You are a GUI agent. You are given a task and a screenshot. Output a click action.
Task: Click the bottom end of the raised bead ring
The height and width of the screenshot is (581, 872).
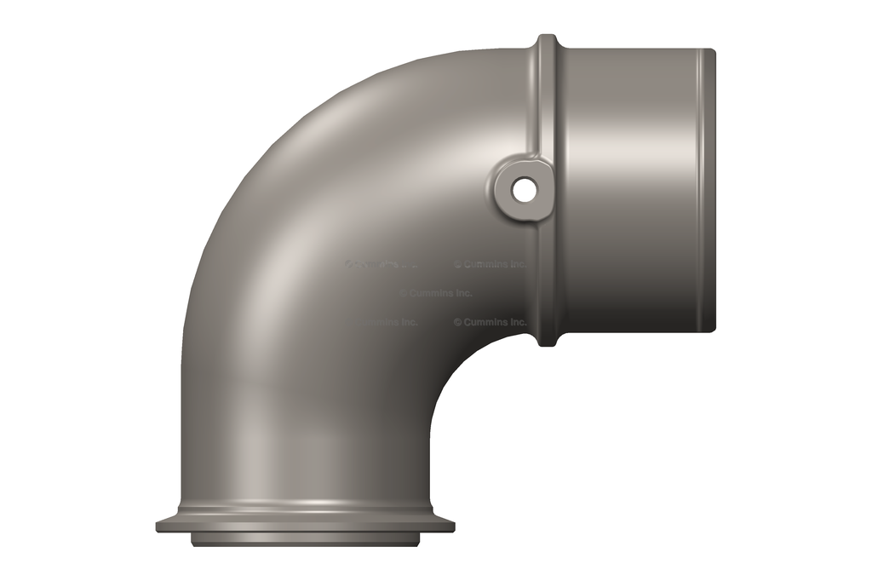(x=548, y=341)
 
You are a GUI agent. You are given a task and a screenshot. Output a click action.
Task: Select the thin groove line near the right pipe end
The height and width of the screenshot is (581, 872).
(x=701, y=189)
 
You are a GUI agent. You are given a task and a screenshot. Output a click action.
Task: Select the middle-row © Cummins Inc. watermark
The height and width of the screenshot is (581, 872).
(x=435, y=293)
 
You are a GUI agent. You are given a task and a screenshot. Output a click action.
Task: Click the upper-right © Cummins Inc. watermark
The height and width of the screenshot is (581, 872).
(x=490, y=264)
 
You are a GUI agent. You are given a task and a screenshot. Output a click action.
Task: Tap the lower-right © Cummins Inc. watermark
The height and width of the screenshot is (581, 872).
(x=490, y=322)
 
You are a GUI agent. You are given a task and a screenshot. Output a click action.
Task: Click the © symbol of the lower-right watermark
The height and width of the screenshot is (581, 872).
(x=457, y=322)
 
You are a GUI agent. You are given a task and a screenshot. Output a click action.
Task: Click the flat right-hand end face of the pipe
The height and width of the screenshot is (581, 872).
(x=713, y=189)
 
